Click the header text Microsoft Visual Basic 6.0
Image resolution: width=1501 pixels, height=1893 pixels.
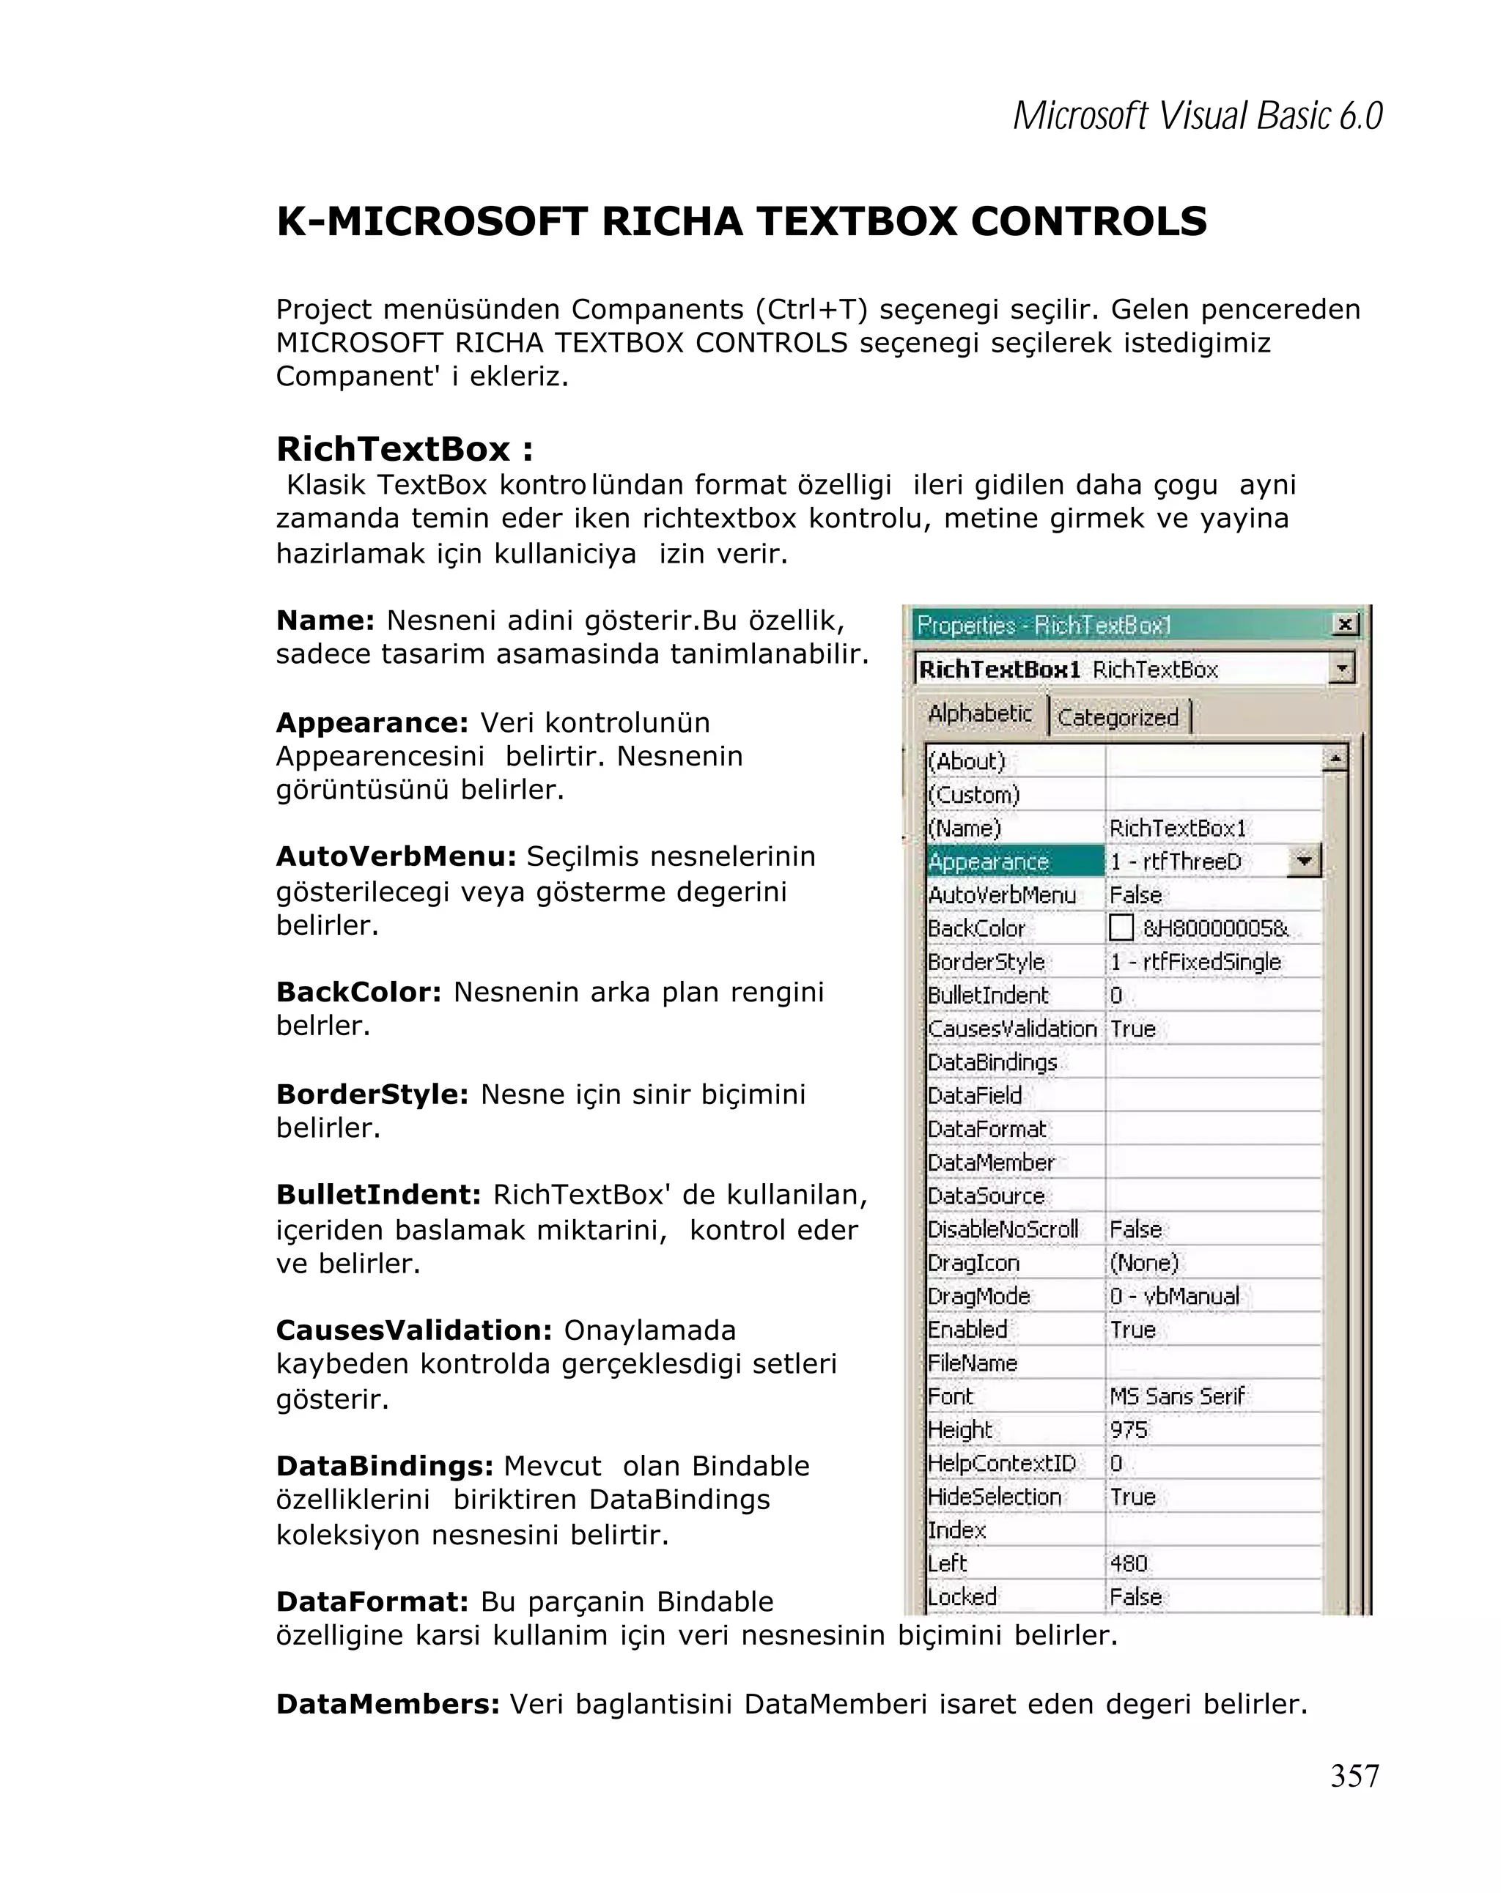click(1197, 116)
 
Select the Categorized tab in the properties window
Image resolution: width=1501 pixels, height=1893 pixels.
click(1117, 717)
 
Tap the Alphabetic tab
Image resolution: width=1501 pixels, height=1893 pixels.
click(979, 713)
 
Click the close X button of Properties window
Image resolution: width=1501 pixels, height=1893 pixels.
click(1343, 624)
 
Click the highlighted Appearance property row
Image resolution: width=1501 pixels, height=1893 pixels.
click(1014, 862)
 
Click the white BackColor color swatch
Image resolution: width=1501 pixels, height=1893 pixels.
click(1121, 928)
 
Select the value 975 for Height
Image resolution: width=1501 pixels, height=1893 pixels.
click(1129, 1430)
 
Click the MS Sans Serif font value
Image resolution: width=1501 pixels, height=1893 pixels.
click(1177, 1396)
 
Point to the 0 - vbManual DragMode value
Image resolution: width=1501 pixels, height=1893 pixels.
click(1174, 1296)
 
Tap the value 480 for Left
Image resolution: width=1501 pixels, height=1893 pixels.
click(1129, 1564)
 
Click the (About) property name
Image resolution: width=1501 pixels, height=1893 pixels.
click(966, 761)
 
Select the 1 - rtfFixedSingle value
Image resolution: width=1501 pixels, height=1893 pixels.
click(1195, 961)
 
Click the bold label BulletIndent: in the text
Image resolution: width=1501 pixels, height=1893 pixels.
click(378, 1195)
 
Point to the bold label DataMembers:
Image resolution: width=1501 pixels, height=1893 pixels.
click(387, 1704)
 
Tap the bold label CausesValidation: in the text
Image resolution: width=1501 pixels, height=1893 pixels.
click(413, 1330)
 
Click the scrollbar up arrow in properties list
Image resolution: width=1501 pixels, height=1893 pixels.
click(1334, 757)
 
